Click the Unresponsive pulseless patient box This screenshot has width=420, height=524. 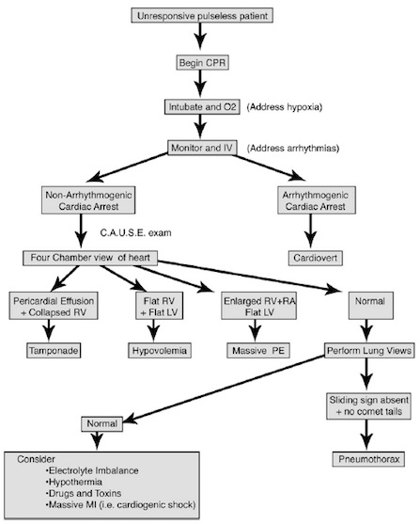tap(202, 16)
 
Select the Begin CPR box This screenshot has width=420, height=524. tap(202, 62)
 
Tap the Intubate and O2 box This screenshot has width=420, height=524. tap(202, 107)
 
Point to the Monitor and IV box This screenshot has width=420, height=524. tap(202, 148)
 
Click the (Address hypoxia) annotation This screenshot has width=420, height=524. tap(285, 107)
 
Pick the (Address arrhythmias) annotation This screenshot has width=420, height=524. tap(293, 148)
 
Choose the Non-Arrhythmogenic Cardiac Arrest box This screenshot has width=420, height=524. tap(88, 200)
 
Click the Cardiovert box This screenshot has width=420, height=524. tap(316, 258)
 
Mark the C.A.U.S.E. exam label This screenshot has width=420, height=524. tap(135, 232)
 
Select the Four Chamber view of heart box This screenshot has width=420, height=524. tap(90, 258)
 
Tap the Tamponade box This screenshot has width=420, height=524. tap(54, 351)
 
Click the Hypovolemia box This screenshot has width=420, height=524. tap(160, 351)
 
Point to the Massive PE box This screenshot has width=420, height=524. tap(258, 351)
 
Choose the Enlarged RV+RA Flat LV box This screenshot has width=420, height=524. tap(258, 306)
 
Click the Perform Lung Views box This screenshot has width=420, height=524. tap(369, 351)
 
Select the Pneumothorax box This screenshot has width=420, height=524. tap(368, 459)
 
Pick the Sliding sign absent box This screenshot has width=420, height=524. tap(368, 406)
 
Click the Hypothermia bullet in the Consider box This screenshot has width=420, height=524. tap(74, 482)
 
